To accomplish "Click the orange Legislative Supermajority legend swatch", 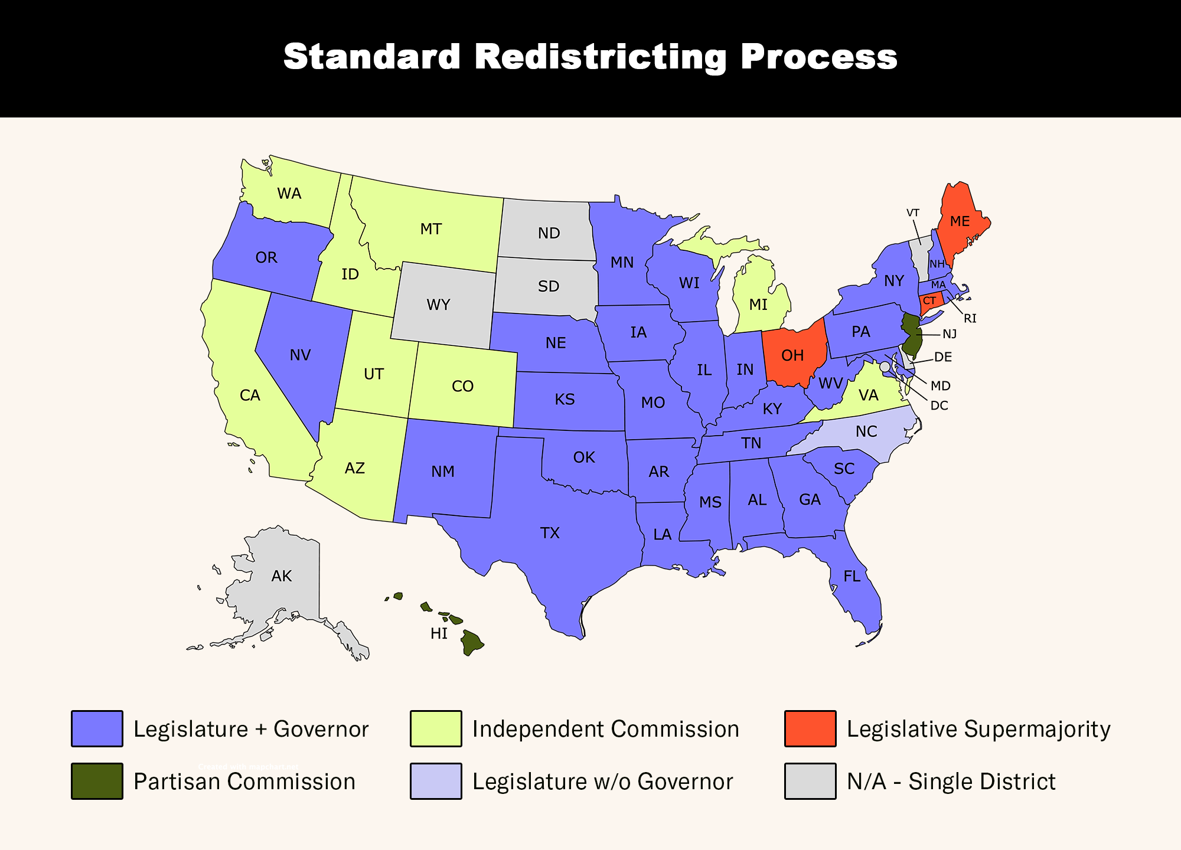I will coord(810,729).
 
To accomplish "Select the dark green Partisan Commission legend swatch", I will coord(97,782).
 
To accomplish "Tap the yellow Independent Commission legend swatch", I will coord(436,729).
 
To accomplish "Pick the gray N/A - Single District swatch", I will coord(810,782).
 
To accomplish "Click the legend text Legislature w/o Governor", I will coord(602,782).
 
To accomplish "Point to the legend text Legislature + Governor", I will coord(251,729).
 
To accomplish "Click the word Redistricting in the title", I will coord(601,57).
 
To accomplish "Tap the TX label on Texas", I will coord(550,534).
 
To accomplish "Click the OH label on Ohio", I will coord(792,355).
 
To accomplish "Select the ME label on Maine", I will coord(960,221).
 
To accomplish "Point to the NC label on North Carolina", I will coord(866,431).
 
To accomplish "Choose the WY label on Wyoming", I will coord(438,305).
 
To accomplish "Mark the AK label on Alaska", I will coord(282,576).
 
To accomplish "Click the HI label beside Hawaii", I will coord(439,634).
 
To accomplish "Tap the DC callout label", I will coord(939,406).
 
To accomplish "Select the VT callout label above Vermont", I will coord(913,212).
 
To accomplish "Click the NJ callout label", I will coord(950,334).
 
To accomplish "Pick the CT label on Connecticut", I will coord(929,301).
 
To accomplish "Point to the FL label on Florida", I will coord(852,576).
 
